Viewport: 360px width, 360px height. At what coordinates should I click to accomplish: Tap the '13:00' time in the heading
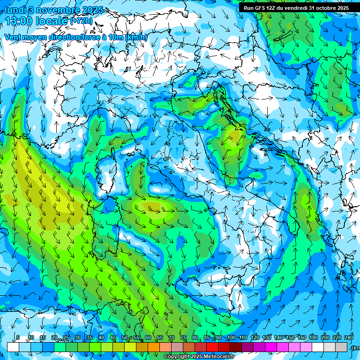click(x=19, y=21)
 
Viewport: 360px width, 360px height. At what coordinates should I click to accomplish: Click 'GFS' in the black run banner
click(x=261, y=7)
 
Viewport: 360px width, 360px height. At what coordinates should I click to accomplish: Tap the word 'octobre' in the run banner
click(x=324, y=7)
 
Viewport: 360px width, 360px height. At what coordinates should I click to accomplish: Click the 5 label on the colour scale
click(x=18, y=337)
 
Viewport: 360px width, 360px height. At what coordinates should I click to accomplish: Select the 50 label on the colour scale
click(x=125, y=337)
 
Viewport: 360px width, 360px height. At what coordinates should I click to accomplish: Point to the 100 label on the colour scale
click(x=231, y=337)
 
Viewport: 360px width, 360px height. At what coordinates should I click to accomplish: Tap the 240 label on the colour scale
click(x=349, y=337)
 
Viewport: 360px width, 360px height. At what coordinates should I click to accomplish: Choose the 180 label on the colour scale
click(x=313, y=337)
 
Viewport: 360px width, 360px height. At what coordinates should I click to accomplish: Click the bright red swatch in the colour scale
click(x=212, y=347)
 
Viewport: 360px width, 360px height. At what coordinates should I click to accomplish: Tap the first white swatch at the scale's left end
click(x=13, y=347)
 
